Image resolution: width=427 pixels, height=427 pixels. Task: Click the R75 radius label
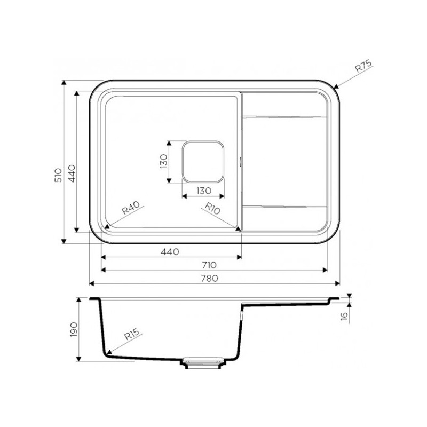pos(363,66)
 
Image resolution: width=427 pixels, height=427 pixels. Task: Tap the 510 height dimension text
pos(59,175)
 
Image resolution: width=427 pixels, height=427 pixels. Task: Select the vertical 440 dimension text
pos(72,173)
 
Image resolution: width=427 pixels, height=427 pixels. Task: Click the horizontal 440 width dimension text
pos(170,251)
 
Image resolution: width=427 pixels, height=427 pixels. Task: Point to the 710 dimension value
pos(209,265)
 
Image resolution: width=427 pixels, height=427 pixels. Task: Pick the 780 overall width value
pos(209,278)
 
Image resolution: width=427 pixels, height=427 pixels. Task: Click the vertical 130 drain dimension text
pos(164,161)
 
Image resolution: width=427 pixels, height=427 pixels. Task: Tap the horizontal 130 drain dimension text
pos(204,191)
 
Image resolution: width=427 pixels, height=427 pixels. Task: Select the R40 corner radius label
pos(130,208)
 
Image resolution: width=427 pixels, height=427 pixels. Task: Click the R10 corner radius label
pos(212,208)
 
